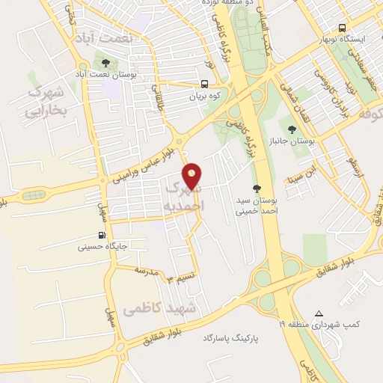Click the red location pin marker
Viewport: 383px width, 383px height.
click(x=193, y=177)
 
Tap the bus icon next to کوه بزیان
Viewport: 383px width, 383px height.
click(x=204, y=85)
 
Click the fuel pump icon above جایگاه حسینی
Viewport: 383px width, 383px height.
click(x=102, y=233)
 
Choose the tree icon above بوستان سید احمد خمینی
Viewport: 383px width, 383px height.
click(x=257, y=189)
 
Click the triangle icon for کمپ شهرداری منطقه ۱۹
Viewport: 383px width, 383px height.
click(x=319, y=313)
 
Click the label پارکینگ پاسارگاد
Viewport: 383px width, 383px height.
click(x=229, y=338)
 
